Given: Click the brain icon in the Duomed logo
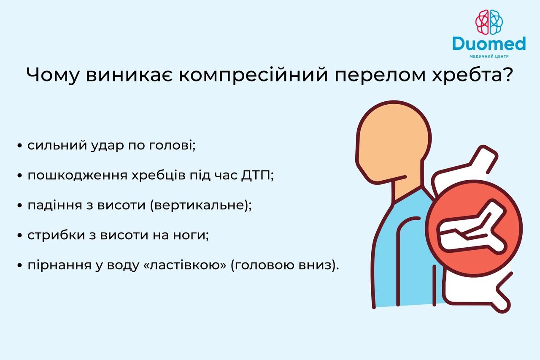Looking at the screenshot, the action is pos(489,22).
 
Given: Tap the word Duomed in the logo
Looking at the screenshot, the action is pos(489,43).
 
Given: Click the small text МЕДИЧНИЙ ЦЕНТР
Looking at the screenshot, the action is pos(489,57).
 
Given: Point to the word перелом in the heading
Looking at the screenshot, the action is pos(380,76).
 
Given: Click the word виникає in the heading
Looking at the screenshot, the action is pos(129,75).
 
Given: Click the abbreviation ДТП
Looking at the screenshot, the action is pos(256,175).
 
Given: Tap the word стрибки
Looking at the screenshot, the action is pos(56,235).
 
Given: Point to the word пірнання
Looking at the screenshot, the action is pos(59,265).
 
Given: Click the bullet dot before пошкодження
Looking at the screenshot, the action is pos(20,176).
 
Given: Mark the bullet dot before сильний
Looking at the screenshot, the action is pos(20,146).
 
